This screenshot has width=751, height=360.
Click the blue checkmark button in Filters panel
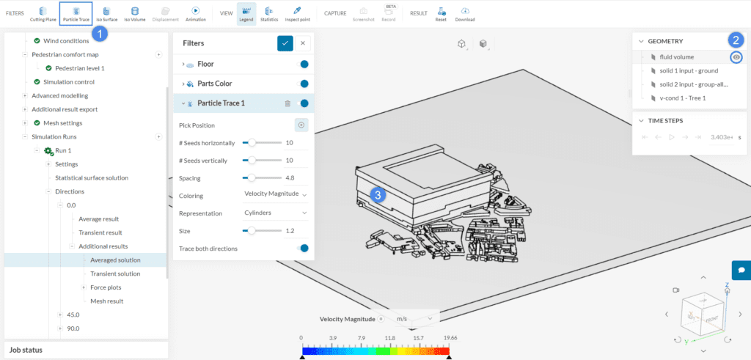point(285,43)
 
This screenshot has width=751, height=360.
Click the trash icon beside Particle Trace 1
point(288,103)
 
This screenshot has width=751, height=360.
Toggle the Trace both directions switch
point(303,249)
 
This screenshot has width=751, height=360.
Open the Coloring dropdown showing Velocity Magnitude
point(275,195)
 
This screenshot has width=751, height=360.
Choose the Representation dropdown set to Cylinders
point(275,213)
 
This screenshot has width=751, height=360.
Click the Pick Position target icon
point(301,125)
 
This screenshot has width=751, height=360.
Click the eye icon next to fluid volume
point(736,57)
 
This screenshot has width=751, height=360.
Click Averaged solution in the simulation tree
point(115,260)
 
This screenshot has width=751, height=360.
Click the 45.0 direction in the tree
point(73,315)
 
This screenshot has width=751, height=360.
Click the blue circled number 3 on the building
point(378,194)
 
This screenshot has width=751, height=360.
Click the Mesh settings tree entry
point(62,122)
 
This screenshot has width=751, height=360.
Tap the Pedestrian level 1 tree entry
point(80,68)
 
